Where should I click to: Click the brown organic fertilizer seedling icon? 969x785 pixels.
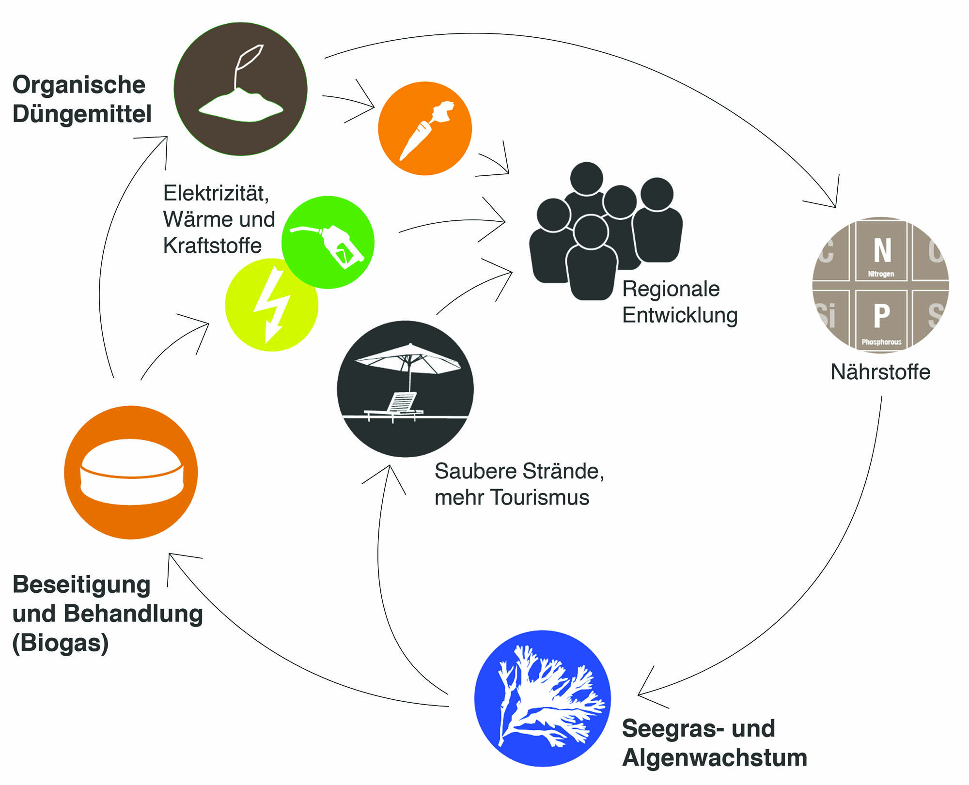click(x=240, y=89)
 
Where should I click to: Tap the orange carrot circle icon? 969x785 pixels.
click(x=424, y=128)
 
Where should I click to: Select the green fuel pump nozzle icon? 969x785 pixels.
click(x=328, y=242)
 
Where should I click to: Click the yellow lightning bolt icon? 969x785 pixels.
click(x=271, y=305)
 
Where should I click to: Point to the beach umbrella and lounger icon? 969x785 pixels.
click(x=405, y=388)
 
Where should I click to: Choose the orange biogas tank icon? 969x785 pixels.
click(x=131, y=472)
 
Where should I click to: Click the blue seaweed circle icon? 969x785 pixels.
click(x=542, y=698)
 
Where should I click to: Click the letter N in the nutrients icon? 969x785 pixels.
click(x=882, y=250)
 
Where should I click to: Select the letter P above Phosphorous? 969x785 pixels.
click(x=882, y=315)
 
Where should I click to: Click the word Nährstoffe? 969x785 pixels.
click(x=880, y=372)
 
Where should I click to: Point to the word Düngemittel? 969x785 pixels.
click(x=82, y=114)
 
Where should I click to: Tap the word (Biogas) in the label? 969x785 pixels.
click(x=61, y=643)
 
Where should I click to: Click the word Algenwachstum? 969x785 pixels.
click(x=715, y=757)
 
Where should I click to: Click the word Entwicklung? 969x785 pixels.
click(x=680, y=315)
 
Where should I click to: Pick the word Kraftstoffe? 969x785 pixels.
click(x=212, y=246)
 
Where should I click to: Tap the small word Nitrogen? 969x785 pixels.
click(x=881, y=274)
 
